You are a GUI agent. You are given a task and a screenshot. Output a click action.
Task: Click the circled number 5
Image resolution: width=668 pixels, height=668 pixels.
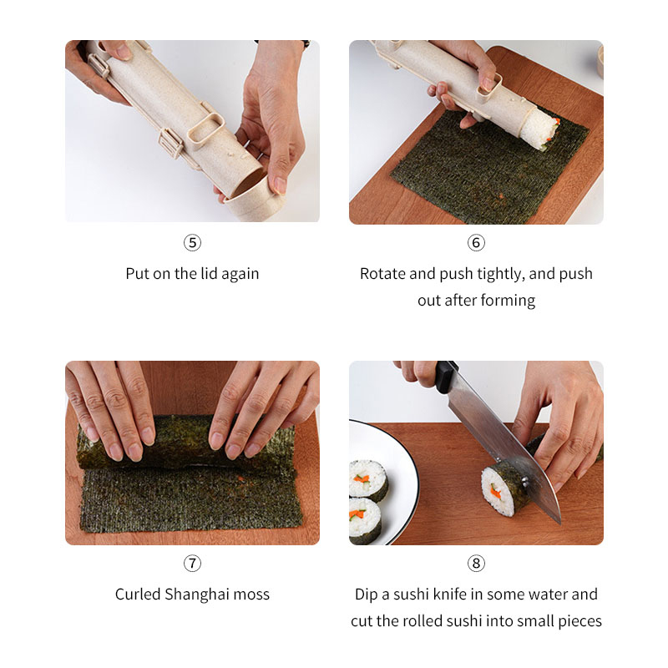click(192, 243)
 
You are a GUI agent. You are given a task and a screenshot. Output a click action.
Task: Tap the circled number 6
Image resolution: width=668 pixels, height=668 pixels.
click(476, 243)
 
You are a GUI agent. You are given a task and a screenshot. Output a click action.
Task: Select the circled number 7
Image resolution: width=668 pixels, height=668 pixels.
click(192, 563)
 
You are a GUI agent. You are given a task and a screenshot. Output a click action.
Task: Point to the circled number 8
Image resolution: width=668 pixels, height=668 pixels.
click(476, 563)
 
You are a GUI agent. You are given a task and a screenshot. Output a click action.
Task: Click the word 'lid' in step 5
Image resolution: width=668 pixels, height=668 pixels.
click(210, 274)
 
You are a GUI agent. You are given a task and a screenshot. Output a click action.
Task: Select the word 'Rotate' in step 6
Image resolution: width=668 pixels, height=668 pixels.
click(382, 274)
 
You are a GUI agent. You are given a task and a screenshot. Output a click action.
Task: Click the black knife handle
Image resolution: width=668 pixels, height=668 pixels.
click(445, 377)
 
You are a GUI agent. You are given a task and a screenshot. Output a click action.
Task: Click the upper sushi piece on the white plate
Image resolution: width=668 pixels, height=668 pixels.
click(367, 480)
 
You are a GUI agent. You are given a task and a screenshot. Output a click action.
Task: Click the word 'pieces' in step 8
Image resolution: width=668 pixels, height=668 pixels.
click(579, 621)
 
